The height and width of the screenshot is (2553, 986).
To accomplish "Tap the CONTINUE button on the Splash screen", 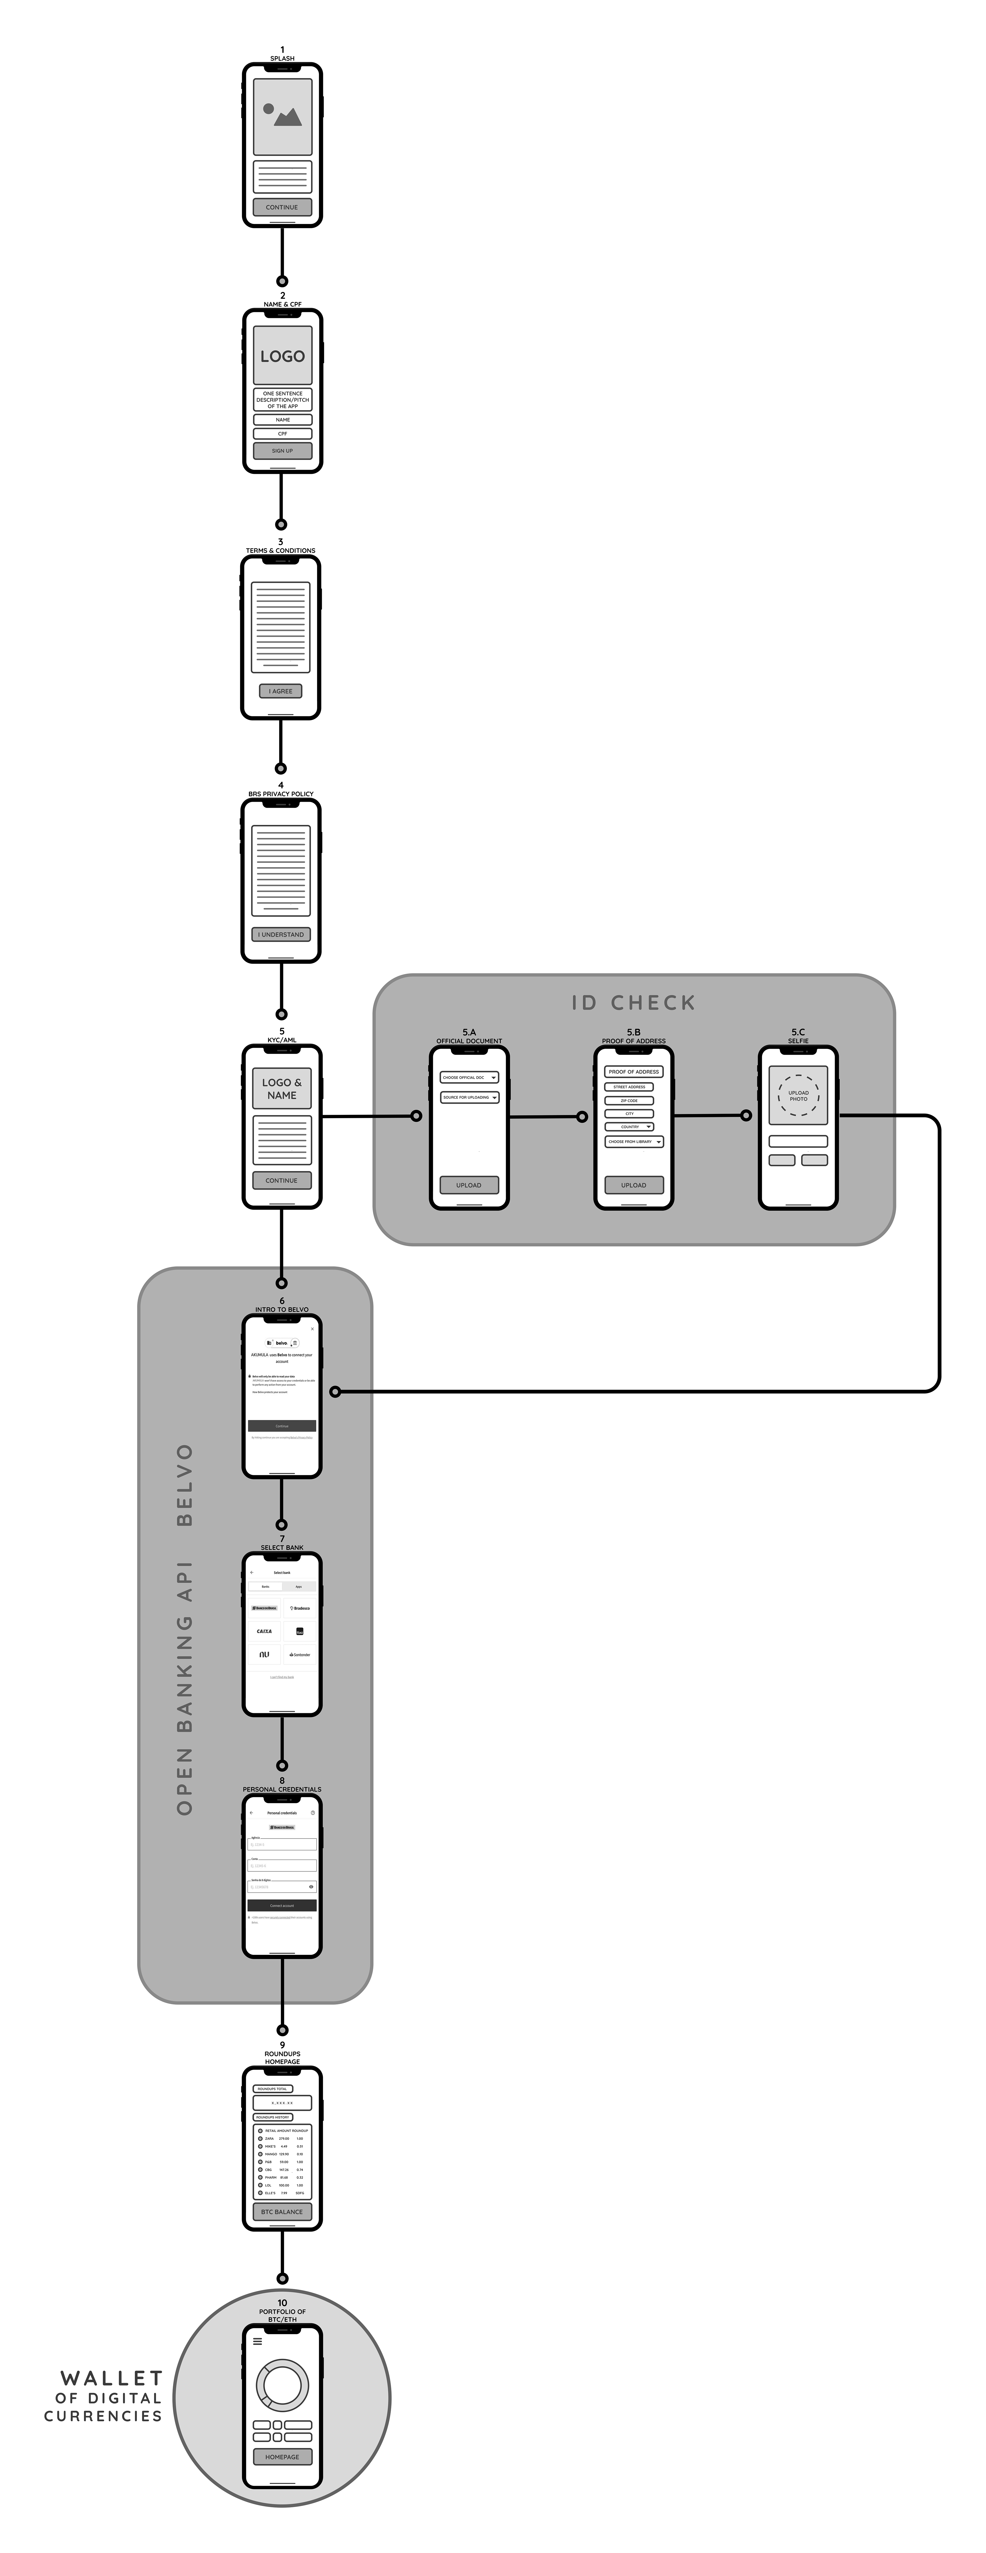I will point(281,207).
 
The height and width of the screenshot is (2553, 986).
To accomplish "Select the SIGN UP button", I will point(282,451).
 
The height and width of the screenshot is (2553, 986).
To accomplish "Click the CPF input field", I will point(282,433).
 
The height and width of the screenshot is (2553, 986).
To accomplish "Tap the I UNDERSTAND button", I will point(281,935).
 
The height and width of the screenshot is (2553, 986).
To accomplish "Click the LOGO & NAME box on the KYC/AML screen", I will point(281,1088).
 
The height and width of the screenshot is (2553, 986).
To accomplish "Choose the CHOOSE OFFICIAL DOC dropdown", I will point(469,1077).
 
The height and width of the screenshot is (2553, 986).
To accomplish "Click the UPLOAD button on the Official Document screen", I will point(469,1185).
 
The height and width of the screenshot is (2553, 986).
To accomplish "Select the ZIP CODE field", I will point(629,1100).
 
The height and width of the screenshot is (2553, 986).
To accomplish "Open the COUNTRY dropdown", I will point(629,1127).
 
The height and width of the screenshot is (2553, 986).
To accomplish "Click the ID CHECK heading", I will point(633,1003).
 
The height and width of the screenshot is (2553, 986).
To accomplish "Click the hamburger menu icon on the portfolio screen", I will point(258,2342).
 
